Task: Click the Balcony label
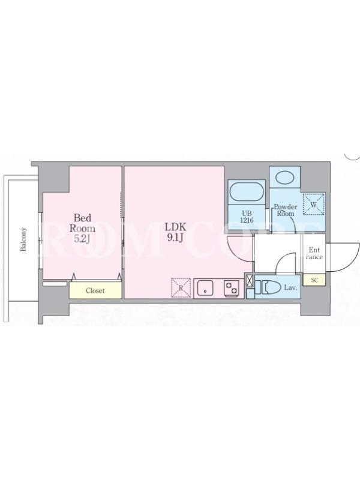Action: (x=23, y=239)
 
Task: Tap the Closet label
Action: (x=95, y=290)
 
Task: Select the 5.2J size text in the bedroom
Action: (x=82, y=239)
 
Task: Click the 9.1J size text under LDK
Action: (x=175, y=238)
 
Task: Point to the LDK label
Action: (x=175, y=227)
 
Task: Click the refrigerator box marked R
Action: (x=181, y=288)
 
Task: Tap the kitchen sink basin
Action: (x=205, y=289)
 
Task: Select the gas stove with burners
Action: (x=232, y=289)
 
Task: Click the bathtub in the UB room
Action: (x=247, y=192)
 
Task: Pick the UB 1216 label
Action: (x=247, y=217)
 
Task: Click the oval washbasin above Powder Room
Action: (x=284, y=177)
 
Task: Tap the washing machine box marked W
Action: (x=314, y=204)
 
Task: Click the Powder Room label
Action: (x=286, y=211)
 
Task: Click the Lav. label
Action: (x=291, y=288)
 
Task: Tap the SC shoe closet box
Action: (x=314, y=280)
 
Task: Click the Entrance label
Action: (x=314, y=253)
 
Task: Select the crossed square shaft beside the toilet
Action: (x=250, y=281)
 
